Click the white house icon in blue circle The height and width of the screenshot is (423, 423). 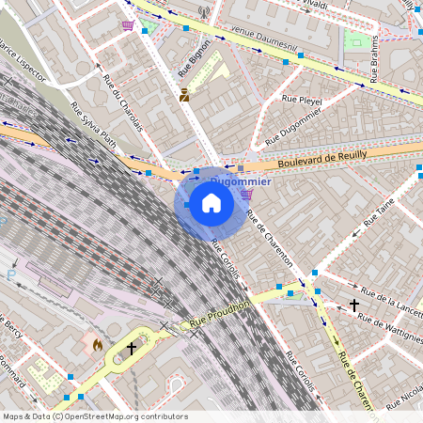(211, 202)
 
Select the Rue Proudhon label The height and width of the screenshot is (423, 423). (219, 313)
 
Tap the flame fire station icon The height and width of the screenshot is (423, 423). (97, 345)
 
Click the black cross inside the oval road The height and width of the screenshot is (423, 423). (132, 348)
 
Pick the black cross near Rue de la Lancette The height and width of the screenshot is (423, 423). (354, 305)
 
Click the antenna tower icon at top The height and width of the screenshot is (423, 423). (203, 13)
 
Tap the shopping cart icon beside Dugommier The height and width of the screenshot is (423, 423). (246, 195)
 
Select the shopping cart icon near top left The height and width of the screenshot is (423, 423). (127, 25)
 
